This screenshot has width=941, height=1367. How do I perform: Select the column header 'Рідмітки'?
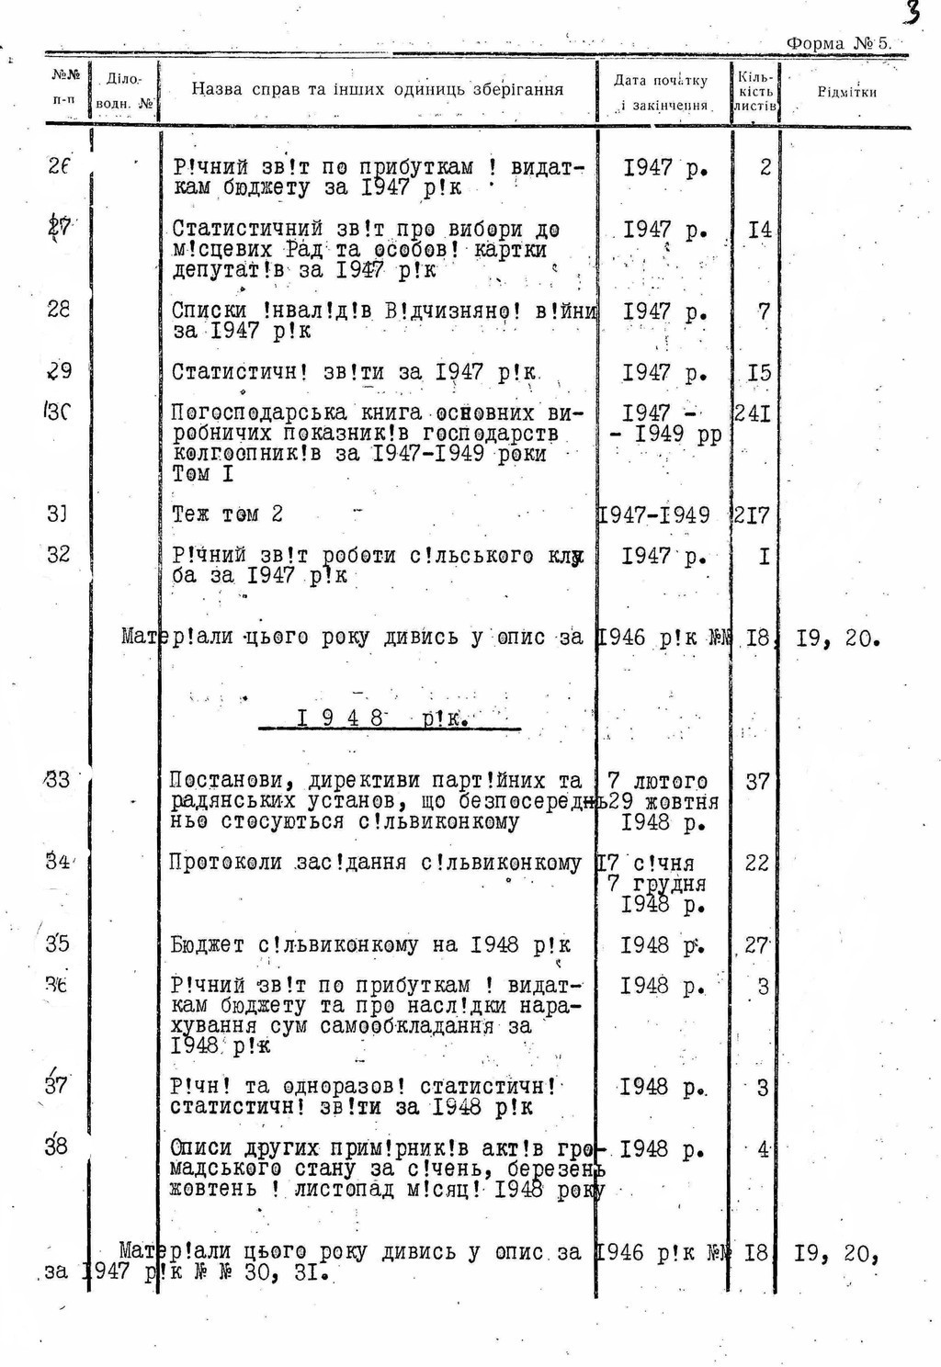tap(846, 92)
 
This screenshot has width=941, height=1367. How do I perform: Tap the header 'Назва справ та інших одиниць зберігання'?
tap(377, 89)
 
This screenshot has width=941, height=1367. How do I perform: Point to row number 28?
tap(58, 310)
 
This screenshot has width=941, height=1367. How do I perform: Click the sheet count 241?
tap(753, 413)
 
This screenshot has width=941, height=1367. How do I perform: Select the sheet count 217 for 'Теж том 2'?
tap(753, 515)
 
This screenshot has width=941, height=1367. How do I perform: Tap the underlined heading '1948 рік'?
tap(384, 718)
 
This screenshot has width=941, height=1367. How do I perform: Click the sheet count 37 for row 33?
tap(757, 782)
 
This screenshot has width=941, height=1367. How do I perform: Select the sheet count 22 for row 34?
tap(757, 863)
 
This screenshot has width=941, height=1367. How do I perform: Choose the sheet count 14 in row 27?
tap(760, 229)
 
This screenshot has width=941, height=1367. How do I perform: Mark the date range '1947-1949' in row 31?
tap(654, 515)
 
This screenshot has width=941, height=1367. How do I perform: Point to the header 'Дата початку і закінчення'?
tap(662, 92)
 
